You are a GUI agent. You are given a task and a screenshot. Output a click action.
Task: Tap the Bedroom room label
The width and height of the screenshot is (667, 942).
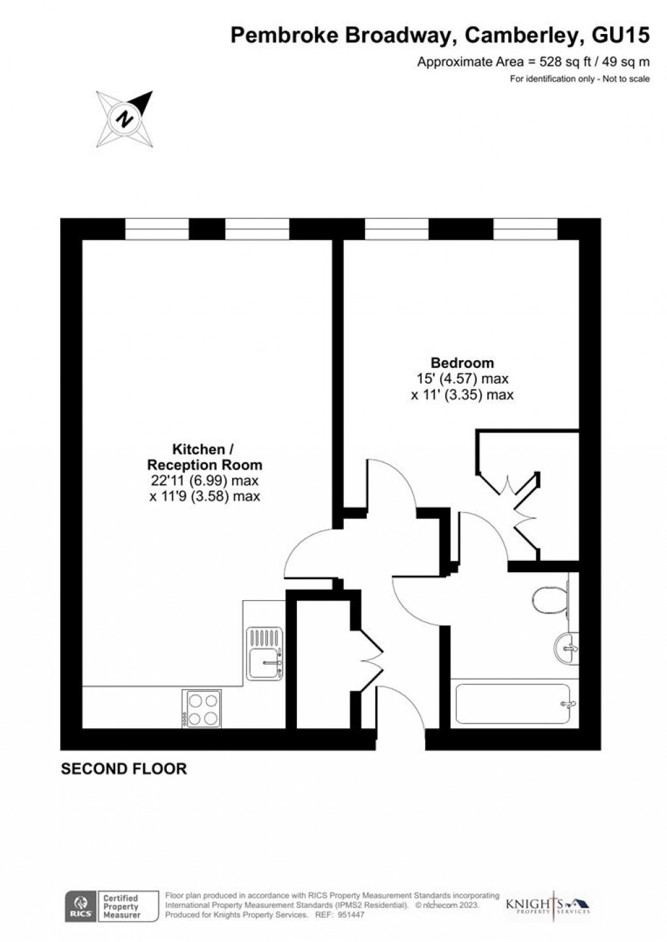click(462, 362)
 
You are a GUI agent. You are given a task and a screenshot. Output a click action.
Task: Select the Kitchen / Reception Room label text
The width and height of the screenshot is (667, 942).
click(205, 457)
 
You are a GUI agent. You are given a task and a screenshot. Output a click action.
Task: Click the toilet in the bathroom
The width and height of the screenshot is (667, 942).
click(547, 599)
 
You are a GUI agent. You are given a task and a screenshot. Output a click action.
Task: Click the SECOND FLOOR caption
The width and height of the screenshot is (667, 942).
click(124, 769)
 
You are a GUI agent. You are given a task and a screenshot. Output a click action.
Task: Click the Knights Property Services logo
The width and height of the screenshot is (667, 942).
click(548, 906)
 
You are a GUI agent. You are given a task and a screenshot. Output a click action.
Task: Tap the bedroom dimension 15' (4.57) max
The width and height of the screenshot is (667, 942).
click(462, 378)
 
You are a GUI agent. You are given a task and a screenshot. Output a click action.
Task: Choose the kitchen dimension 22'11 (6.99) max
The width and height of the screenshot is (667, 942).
click(205, 480)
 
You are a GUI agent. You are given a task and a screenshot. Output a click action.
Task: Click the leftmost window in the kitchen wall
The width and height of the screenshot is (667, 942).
click(156, 229)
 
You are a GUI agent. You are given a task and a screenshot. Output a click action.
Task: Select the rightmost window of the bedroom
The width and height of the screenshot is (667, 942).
click(525, 229)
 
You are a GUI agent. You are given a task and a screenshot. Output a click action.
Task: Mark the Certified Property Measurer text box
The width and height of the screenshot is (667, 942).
click(121, 907)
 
